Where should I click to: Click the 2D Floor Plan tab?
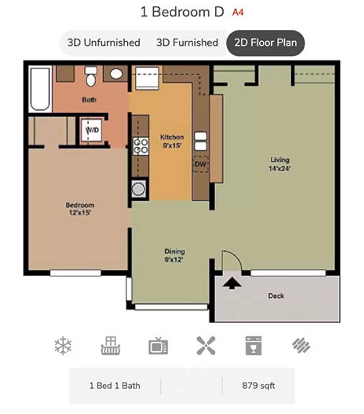pos(265,43)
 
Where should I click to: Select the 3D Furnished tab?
pos(187,43)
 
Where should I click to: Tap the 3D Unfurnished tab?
pos(104,43)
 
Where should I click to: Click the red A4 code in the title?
pos(238,12)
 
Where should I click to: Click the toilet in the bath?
pos(91,76)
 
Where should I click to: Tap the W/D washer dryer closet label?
pos(92,130)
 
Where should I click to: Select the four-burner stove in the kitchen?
pos(140,146)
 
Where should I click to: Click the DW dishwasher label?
pos(200,164)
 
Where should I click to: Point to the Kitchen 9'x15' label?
pos(172,141)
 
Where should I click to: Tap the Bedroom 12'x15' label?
pos(80,209)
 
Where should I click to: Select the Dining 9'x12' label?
pos(175,255)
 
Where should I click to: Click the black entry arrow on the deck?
pos(232,283)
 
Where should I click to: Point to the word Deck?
pos(276,296)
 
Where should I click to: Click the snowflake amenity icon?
pos(63,346)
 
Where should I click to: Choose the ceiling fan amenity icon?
pos(206,346)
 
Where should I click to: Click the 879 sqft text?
pos(258,386)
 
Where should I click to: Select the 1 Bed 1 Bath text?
pos(115,386)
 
